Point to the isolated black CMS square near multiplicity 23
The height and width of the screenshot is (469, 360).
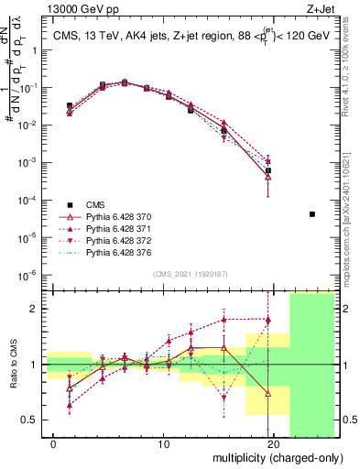point(312,214)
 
